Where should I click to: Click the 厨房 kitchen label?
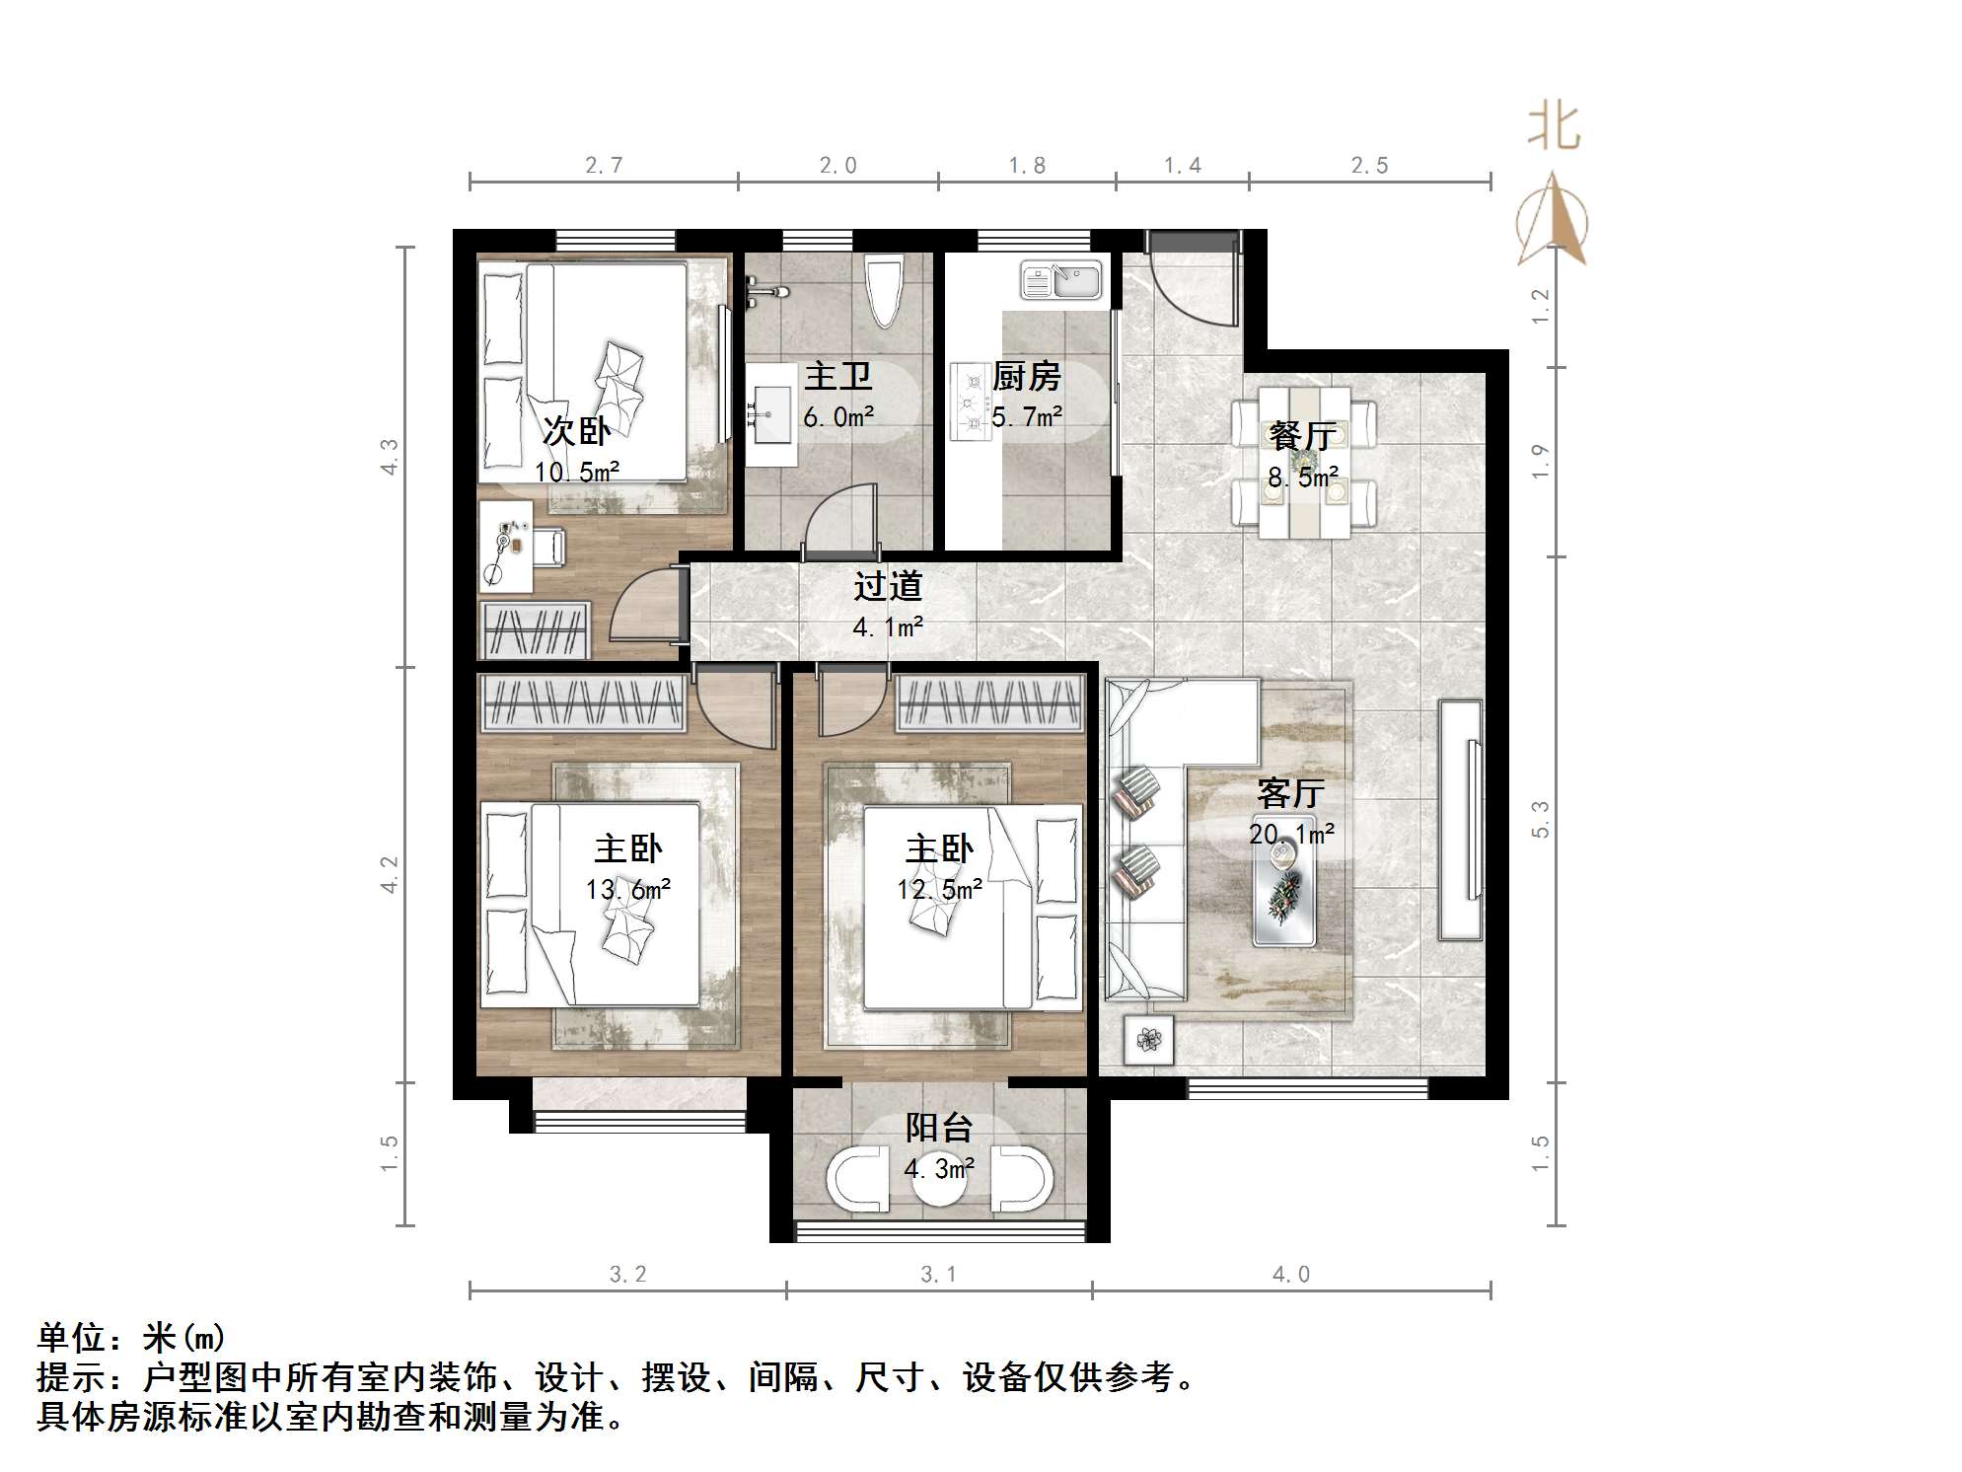coord(1026,376)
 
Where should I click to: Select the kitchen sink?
coord(1060,280)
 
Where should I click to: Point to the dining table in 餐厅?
coord(1304,462)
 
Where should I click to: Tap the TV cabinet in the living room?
coord(1460,819)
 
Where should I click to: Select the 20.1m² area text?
coord(1291,835)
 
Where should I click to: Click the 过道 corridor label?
coord(888,586)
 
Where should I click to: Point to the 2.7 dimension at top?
coord(604,166)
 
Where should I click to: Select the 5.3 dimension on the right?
coord(1541,819)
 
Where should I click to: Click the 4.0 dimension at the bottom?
coord(1290,1275)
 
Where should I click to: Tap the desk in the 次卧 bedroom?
coord(505,546)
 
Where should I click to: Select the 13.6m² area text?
coord(628,890)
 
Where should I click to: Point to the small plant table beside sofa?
coord(1148,1039)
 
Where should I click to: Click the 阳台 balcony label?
coord(939,1127)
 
